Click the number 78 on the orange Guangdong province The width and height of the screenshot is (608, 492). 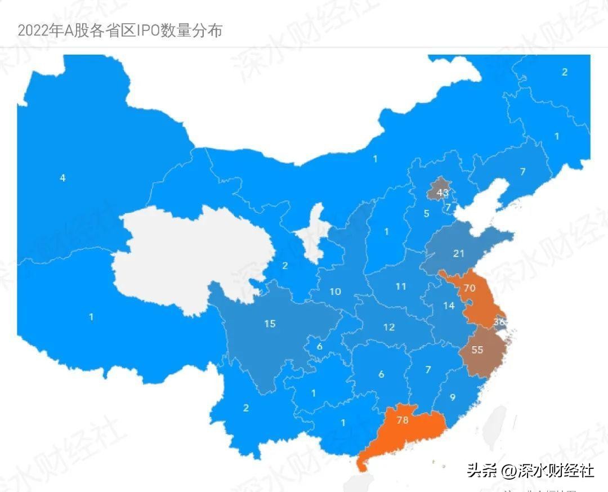tap(402, 419)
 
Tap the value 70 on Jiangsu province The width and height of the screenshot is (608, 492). tap(469, 288)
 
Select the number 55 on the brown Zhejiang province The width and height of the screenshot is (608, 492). tap(477, 350)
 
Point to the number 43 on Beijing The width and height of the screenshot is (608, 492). tap(442, 193)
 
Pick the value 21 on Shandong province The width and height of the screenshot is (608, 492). tap(459, 253)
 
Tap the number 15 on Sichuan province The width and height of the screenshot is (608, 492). tap(270, 324)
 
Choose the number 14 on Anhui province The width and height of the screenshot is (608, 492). tap(448, 306)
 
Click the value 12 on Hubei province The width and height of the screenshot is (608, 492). tap(388, 327)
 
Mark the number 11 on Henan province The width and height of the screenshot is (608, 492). tap(400, 287)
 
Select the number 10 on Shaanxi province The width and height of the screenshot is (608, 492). tap(335, 292)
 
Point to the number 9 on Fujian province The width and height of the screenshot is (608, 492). tap(452, 397)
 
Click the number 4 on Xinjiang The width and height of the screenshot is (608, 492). tap(62, 178)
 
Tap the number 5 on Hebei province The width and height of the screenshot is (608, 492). tap(426, 213)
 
